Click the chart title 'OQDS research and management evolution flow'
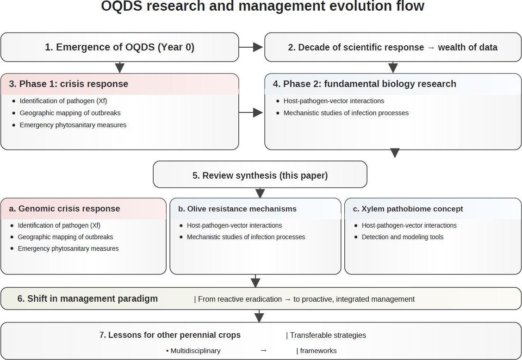pyautogui.click(x=262, y=6)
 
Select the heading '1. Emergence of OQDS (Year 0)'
pyautogui.click(x=119, y=47)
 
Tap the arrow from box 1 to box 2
pyautogui.click(x=251, y=47)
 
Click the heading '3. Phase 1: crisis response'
pyautogui.click(x=68, y=84)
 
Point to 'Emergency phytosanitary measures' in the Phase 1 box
pyautogui.click(x=73, y=125)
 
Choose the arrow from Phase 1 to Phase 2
pyautogui.click(x=251, y=112)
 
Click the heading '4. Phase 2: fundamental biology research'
pyautogui.click(x=365, y=84)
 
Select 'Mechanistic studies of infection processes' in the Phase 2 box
pyautogui.click(x=346, y=113)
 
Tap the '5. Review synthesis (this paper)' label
pyautogui.click(x=260, y=175)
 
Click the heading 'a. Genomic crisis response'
pyautogui.click(x=65, y=209)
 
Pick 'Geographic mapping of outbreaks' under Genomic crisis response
pyautogui.click(x=65, y=237)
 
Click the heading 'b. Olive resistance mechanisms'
pyautogui.click(x=237, y=209)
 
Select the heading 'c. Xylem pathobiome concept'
pyautogui.click(x=408, y=209)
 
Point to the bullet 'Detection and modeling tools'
pyautogui.click(x=403, y=237)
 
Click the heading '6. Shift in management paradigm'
pyautogui.click(x=87, y=299)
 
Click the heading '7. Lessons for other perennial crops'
pyautogui.click(x=170, y=335)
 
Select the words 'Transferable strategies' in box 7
pyautogui.click(x=328, y=335)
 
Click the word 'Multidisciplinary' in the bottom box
pyautogui.click(x=195, y=351)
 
